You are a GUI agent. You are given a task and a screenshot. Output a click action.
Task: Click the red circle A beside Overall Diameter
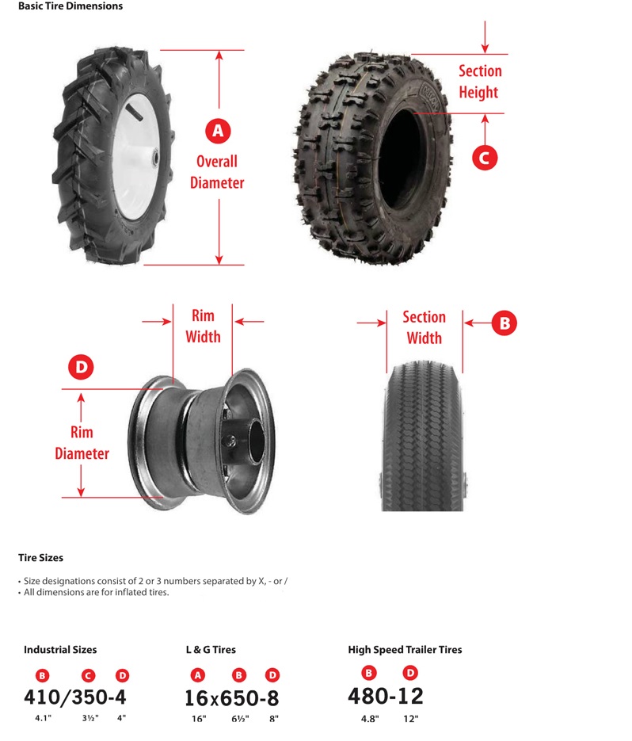click(x=218, y=131)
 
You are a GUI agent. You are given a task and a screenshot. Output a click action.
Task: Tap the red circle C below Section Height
click(x=485, y=158)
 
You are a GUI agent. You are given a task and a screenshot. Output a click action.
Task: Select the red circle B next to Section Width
click(x=504, y=323)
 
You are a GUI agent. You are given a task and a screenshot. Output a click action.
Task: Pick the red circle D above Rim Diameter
click(x=82, y=367)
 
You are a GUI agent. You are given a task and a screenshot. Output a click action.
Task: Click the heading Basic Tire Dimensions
click(x=70, y=6)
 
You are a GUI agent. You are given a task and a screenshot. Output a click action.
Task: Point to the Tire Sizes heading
click(x=40, y=558)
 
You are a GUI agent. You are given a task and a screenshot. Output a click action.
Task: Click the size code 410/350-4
click(x=75, y=697)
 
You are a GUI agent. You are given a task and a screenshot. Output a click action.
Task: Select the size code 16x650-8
click(x=231, y=698)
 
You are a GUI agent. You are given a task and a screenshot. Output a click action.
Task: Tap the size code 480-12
click(x=386, y=696)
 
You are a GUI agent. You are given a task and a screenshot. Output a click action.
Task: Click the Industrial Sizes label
click(x=60, y=650)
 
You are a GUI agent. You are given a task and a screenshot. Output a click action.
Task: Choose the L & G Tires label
click(x=211, y=650)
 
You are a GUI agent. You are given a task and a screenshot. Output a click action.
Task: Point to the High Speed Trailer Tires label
click(x=405, y=650)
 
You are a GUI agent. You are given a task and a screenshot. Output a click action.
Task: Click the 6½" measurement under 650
click(x=240, y=719)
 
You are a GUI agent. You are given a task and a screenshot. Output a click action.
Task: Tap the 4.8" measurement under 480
click(x=370, y=719)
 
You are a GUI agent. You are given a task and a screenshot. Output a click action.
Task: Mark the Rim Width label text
click(x=203, y=326)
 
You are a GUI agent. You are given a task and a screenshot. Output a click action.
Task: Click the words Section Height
click(x=480, y=82)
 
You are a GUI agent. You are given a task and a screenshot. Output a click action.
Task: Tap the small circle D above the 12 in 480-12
click(x=410, y=673)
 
